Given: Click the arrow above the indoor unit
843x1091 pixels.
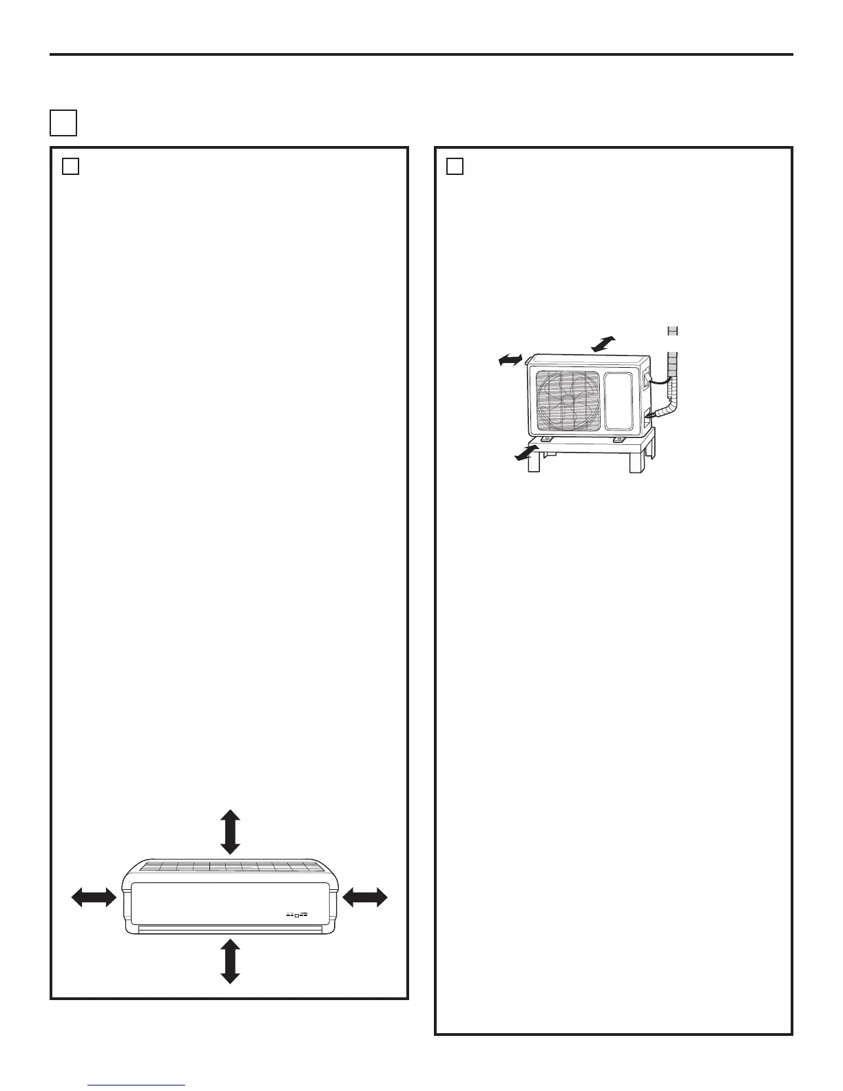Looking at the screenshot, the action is (x=230, y=832).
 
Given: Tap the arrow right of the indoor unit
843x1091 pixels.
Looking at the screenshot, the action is (x=365, y=897).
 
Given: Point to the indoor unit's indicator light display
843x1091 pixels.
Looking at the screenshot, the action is (x=297, y=915).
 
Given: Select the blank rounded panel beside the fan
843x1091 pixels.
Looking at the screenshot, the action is (x=623, y=399).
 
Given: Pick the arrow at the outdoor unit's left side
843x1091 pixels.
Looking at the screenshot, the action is (x=512, y=359).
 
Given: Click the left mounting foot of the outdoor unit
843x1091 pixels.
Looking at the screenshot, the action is (x=547, y=437).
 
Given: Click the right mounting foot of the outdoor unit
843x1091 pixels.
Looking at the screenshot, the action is (x=618, y=437).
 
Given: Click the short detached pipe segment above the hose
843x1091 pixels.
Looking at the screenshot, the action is (x=674, y=331).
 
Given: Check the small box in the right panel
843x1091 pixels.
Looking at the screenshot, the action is (x=455, y=167).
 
